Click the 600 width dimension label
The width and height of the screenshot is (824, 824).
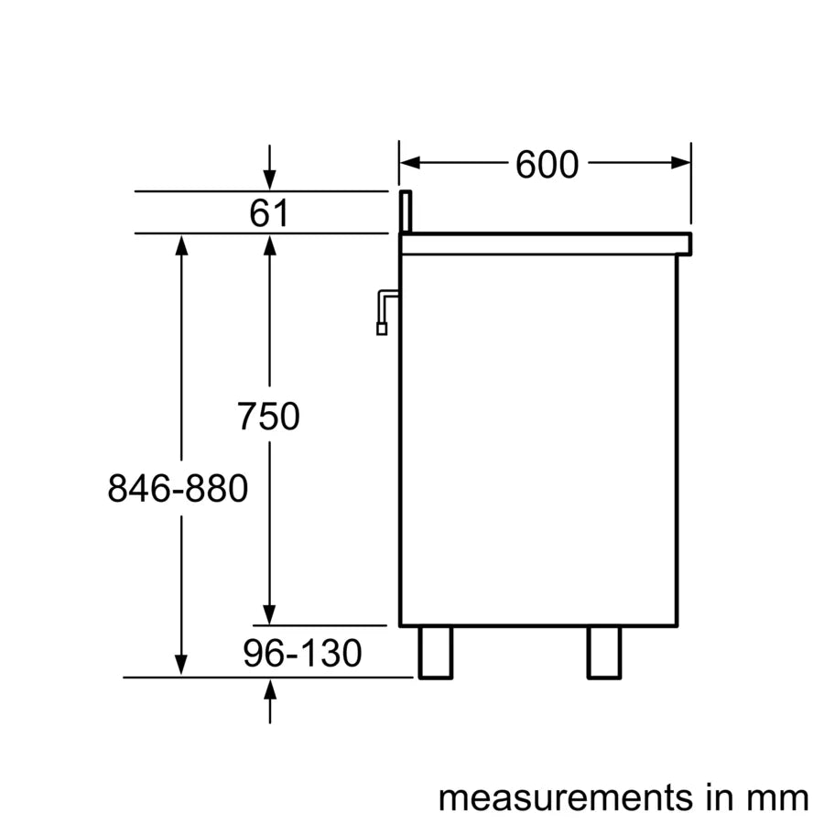click(x=547, y=165)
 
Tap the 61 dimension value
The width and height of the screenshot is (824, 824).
click(x=269, y=212)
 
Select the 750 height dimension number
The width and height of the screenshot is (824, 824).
click(x=268, y=417)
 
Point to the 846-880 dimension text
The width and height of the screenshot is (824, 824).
click(x=178, y=488)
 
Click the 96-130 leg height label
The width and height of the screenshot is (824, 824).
click(x=302, y=653)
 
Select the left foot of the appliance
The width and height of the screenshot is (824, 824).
click(x=436, y=652)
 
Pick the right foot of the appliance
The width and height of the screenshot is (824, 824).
click(x=604, y=652)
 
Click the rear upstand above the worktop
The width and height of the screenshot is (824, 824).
click(x=406, y=211)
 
